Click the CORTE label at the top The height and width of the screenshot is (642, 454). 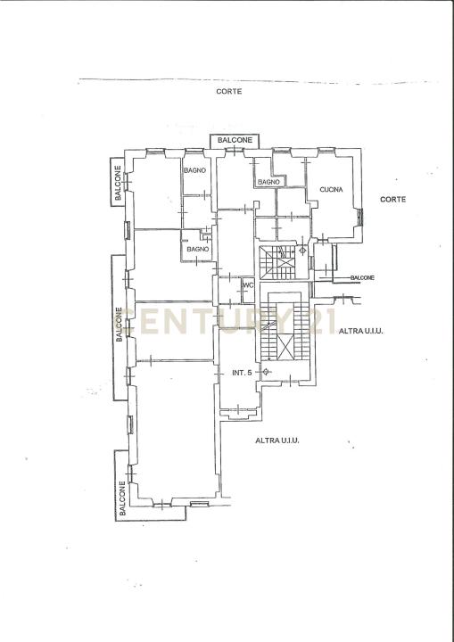[229, 92]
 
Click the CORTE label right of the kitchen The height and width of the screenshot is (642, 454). [393, 200]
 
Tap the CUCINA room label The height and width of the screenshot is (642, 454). [331, 190]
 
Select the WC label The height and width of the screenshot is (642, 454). [249, 285]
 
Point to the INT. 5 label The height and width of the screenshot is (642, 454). [242, 373]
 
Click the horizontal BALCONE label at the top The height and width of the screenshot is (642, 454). [235, 140]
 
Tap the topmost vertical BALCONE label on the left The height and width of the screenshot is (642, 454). [118, 183]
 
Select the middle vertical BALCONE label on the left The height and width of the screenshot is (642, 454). [119, 325]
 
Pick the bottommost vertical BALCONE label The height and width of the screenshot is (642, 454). [122, 498]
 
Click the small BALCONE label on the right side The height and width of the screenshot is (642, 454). [362, 277]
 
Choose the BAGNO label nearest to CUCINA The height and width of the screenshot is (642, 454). [268, 182]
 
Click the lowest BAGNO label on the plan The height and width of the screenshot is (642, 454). [198, 249]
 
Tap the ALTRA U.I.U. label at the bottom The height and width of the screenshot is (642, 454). [277, 441]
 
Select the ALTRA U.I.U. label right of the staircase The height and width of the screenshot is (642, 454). [360, 331]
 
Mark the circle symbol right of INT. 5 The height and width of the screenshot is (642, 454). [266, 372]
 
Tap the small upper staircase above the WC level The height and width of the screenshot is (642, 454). [277, 262]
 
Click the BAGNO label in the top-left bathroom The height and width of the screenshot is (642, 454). [194, 170]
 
